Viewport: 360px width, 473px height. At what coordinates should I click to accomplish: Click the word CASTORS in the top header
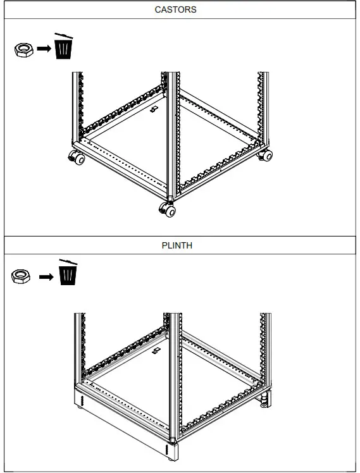[175, 10]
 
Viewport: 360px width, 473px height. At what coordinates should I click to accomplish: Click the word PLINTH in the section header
[177, 245]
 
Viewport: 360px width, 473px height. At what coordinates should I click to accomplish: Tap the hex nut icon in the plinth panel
[23, 276]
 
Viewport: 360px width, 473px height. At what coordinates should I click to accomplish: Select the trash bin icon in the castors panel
[63, 47]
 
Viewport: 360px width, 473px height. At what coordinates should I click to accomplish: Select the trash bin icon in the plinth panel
[68, 274]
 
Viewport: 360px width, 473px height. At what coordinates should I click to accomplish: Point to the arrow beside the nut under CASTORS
[43, 49]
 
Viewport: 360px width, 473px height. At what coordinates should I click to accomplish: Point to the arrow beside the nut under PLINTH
[46, 276]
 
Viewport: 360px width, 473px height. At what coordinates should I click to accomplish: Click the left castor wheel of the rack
[78, 159]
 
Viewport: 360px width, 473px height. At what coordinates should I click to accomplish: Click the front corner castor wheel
[168, 210]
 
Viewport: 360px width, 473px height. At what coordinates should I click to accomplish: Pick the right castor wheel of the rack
[266, 155]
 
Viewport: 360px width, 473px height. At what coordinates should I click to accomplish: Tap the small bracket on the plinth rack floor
[156, 350]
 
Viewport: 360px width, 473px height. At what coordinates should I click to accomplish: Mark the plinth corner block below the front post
[173, 451]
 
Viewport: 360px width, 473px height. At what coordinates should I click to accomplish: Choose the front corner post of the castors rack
[171, 139]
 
